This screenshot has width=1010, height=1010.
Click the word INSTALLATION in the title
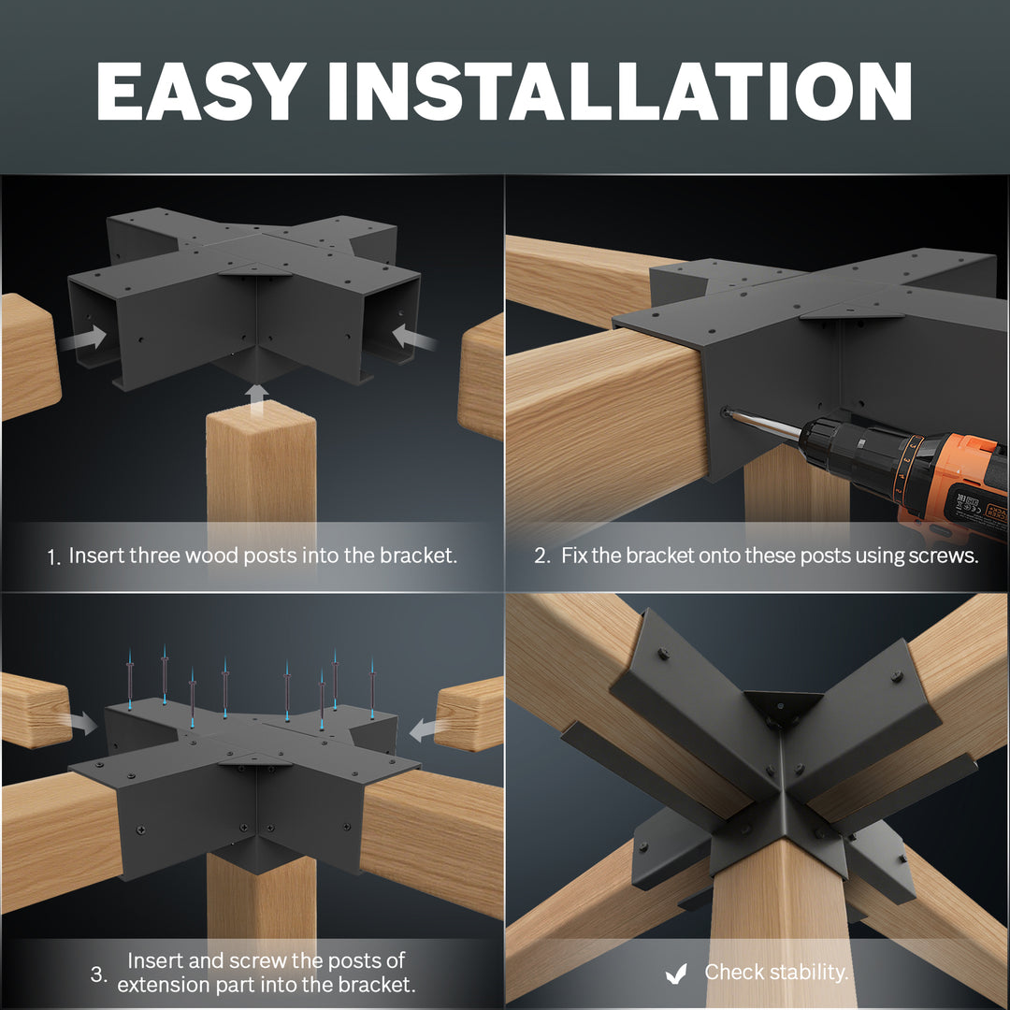click(x=620, y=91)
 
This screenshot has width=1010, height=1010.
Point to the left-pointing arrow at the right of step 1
click(x=413, y=337)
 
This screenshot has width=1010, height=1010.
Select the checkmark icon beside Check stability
click(x=676, y=974)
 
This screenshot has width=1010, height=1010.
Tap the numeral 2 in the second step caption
click(x=541, y=555)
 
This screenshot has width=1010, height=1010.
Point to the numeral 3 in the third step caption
click(x=98, y=974)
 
